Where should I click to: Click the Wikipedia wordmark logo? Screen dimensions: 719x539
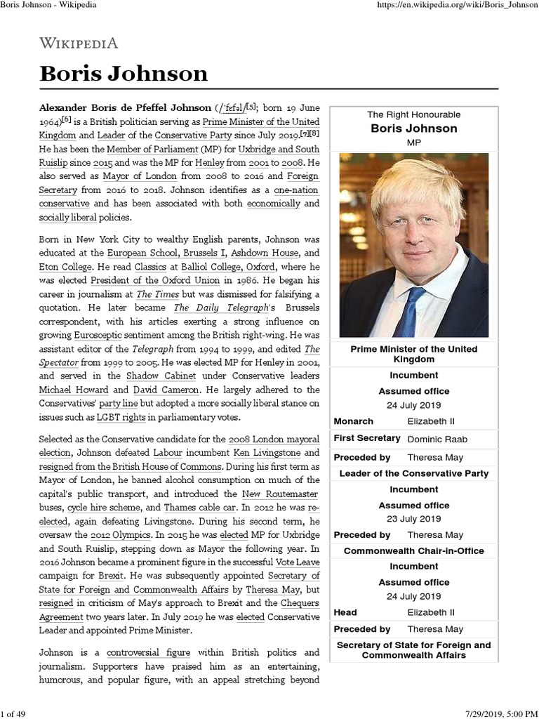[x=78, y=44]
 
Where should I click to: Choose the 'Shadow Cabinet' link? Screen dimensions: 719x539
[x=173, y=376]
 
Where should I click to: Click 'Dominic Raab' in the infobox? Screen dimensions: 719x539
[x=437, y=439]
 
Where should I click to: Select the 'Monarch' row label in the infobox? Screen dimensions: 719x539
[x=354, y=421]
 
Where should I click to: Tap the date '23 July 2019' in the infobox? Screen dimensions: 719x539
[x=414, y=519]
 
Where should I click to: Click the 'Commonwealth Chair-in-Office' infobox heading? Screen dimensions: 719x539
[x=414, y=551]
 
